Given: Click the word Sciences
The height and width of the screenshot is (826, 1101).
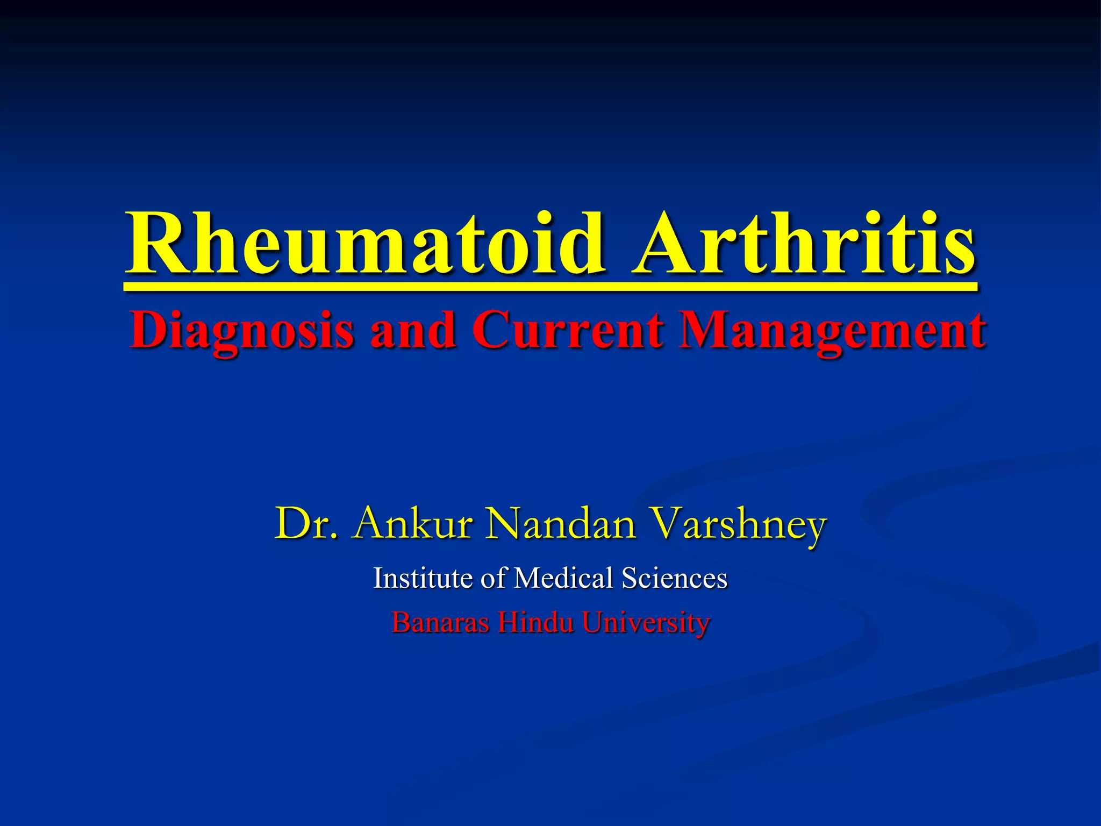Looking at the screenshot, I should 675,578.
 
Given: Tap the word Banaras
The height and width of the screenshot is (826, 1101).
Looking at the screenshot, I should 440,623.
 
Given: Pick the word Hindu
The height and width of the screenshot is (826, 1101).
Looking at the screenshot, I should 535,623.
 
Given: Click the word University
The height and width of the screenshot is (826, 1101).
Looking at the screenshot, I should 646,623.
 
